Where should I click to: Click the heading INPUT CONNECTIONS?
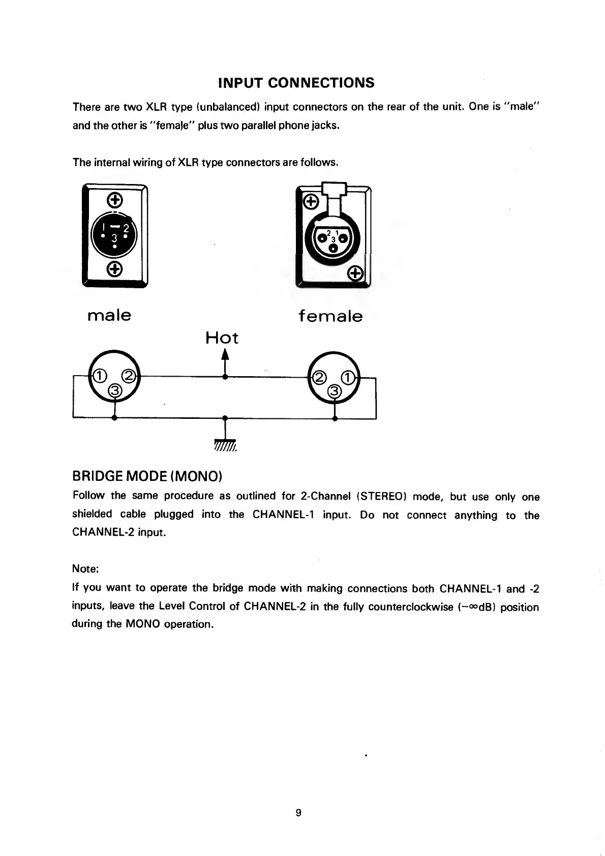pyautogui.click(x=296, y=83)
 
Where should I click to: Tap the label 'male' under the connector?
pyautogui.click(x=109, y=315)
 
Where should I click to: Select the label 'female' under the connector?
pyautogui.click(x=330, y=316)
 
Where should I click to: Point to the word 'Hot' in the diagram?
pyautogui.click(x=222, y=338)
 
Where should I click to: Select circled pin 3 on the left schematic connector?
pyautogui.click(x=115, y=390)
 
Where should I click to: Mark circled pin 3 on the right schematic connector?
pyautogui.click(x=334, y=391)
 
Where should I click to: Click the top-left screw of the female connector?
pyautogui.click(x=311, y=202)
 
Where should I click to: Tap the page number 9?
pyautogui.click(x=298, y=813)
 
